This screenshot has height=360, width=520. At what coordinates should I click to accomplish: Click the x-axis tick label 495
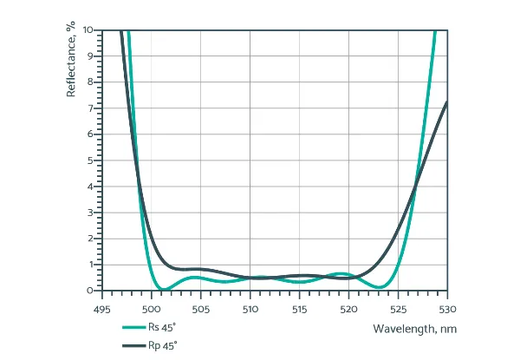(x=102, y=309)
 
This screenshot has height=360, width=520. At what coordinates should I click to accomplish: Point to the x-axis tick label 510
(x=250, y=309)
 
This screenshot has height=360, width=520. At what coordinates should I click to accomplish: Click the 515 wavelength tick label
(x=300, y=309)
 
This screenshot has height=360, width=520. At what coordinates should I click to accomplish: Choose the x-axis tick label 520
(x=349, y=309)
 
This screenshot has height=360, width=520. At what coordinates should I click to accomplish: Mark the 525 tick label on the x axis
(x=399, y=309)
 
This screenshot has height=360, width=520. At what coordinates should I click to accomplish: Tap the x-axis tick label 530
(x=447, y=309)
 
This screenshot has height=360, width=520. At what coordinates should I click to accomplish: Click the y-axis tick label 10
(x=88, y=29)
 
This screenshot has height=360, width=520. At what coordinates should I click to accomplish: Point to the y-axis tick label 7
(x=90, y=108)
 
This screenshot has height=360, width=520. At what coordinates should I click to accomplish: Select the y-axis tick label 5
(x=90, y=160)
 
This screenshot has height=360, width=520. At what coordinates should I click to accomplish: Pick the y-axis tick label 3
(x=90, y=213)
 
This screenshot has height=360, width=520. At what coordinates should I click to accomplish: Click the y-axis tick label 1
(x=90, y=265)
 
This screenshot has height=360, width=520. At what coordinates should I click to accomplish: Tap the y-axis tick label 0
(x=90, y=291)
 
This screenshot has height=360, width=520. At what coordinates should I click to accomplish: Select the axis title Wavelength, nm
(x=414, y=329)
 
